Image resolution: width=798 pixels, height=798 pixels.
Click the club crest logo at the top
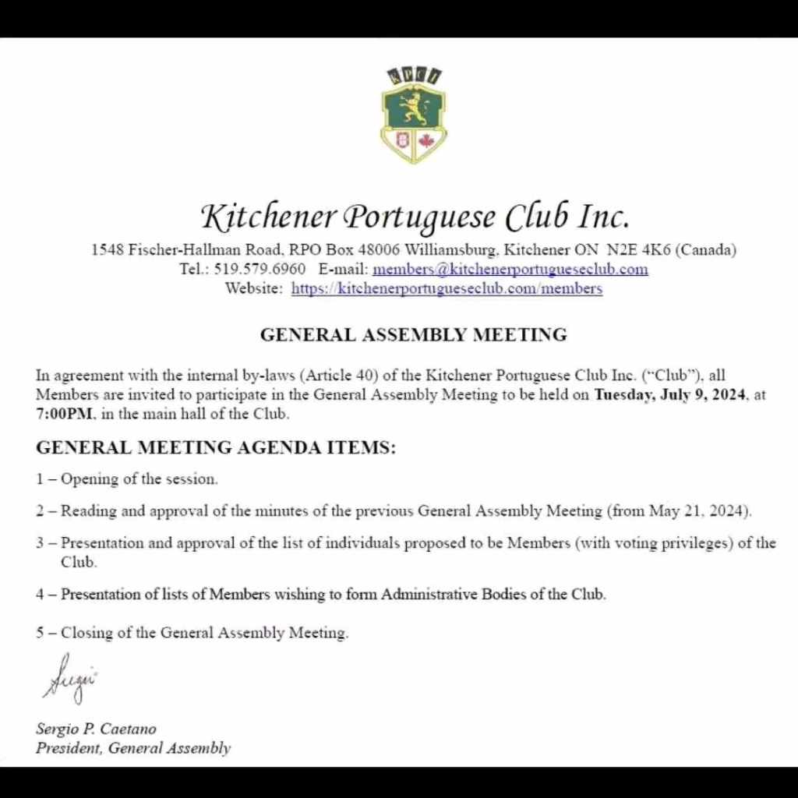(x=413, y=115)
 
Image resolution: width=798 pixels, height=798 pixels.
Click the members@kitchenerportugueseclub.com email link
(x=510, y=270)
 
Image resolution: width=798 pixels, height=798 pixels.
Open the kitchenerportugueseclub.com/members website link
(x=447, y=288)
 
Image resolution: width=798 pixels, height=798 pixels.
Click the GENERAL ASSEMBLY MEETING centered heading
(x=413, y=335)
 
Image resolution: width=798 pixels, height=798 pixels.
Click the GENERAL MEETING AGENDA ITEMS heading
(x=216, y=448)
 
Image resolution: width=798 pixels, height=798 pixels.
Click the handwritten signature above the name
(x=71, y=680)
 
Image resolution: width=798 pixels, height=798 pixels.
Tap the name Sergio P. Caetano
(x=96, y=729)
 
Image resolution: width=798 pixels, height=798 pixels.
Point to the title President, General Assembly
(x=133, y=749)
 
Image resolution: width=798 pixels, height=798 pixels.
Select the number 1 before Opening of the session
(x=40, y=479)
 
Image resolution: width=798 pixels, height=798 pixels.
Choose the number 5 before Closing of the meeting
(x=40, y=633)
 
